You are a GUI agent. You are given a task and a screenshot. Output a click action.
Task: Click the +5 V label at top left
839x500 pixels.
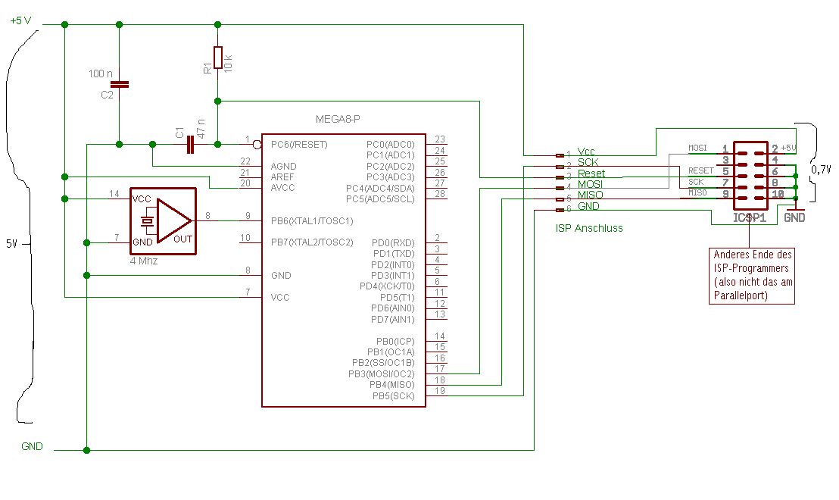pyautogui.click(x=20, y=20)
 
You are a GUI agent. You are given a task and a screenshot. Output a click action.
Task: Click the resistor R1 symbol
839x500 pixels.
pyautogui.click(x=217, y=58)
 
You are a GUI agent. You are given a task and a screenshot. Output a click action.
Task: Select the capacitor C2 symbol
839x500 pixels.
pyautogui.click(x=119, y=84)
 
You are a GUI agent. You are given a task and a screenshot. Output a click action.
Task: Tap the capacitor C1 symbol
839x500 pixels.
pyautogui.click(x=189, y=144)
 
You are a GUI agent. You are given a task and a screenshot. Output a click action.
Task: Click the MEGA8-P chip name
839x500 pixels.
pyautogui.click(x=337, y=120)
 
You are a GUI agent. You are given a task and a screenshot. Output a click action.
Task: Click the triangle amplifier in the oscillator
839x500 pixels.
pyautogui.click(x=173, y=220)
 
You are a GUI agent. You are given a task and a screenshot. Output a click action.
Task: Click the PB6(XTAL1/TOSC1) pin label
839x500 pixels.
pyautogui.click(x=312, y=221)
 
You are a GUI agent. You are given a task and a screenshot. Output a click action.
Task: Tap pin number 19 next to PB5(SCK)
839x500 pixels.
pyautogui.click(x=439, y=391)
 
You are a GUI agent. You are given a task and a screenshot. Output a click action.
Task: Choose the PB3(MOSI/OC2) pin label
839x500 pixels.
pyautogui.click(x=381, y=373)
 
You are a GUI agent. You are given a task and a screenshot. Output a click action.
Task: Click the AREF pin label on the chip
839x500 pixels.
pyautogui.click(x=283, y=177)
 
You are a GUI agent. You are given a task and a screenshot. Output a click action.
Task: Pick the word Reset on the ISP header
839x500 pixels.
pyautogui.click(x=591, y=173)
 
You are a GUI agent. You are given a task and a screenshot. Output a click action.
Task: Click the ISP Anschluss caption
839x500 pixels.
pyautogui.click(x=588, y=227)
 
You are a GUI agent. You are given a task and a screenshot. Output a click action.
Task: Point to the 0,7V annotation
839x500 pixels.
pyautogui.click(x=821, y=170)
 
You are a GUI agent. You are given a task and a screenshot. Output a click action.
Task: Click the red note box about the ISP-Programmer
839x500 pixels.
pyautogui.click(x=753, y=275)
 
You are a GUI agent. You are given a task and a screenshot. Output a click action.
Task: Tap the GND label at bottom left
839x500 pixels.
pyautogui.click(x=33, y=446)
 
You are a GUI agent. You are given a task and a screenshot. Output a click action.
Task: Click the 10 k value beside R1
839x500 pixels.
pyautogui.click(x=228, y=61)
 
